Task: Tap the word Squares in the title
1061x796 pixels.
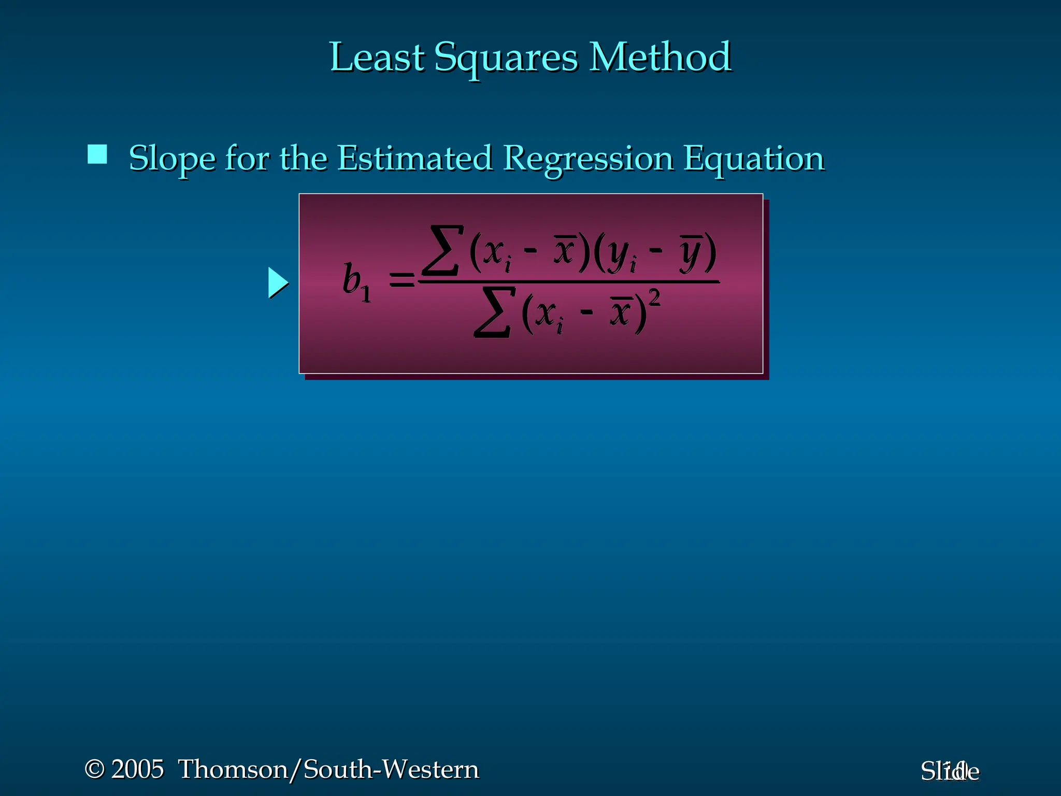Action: click(505, 58)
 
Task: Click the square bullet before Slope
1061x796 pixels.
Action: click(97, 154)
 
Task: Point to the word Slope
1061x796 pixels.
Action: click(171, 158)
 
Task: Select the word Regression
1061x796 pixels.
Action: click(587, 159)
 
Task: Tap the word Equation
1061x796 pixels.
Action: click(753, 159)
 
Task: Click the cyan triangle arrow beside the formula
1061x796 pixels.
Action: click(278, 283)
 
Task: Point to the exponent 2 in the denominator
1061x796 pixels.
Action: click(654, 298)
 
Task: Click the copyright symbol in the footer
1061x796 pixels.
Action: click(94, 769)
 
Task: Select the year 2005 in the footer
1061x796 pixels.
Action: click(137, 769)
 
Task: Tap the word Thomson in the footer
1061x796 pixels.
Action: click(233, 769)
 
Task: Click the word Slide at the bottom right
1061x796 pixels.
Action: click(950, 772)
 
